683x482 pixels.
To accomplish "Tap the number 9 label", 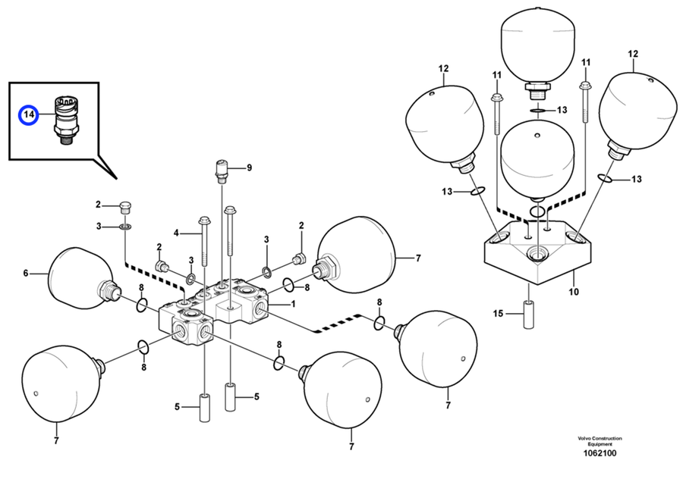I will pyautogui.click(x=248, y=167).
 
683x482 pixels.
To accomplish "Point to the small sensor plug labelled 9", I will pyautogui.click(x=222, y=171).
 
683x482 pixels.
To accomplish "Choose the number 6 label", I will pyautogui.click(x=25, y=273).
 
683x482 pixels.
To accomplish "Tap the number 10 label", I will pyautogui.click(x=574, y=292).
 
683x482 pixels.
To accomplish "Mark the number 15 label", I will pyautogui.click(x=498, y=313).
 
